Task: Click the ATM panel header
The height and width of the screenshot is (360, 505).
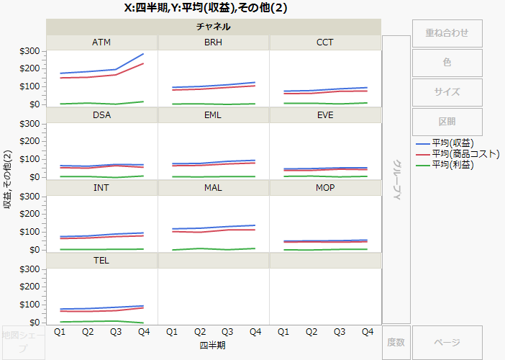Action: tap(101, 42)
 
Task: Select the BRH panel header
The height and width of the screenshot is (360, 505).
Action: tap(213, 42)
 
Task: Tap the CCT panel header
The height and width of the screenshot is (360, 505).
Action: tap(325, 42)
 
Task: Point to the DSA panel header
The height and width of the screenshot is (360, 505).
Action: tap(101, 115)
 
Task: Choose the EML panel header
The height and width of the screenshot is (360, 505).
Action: tap(213, 115)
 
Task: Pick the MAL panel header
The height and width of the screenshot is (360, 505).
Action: tap(213, 188)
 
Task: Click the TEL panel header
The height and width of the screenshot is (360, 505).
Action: tap(101, 261)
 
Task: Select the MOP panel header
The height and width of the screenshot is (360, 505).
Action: tap(325, 188)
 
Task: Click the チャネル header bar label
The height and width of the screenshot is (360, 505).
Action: tap(213, 27)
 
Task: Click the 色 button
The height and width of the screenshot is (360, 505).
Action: tap(447, 63)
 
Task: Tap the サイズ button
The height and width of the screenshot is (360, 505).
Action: tap(447, 92)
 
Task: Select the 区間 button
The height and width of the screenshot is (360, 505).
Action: tap(447, 122)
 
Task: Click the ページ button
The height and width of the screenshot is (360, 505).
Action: tap(447, 343)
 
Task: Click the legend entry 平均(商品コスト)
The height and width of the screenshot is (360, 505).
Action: tap(465, 153)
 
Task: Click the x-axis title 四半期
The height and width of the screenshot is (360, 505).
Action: tap(213, 345)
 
